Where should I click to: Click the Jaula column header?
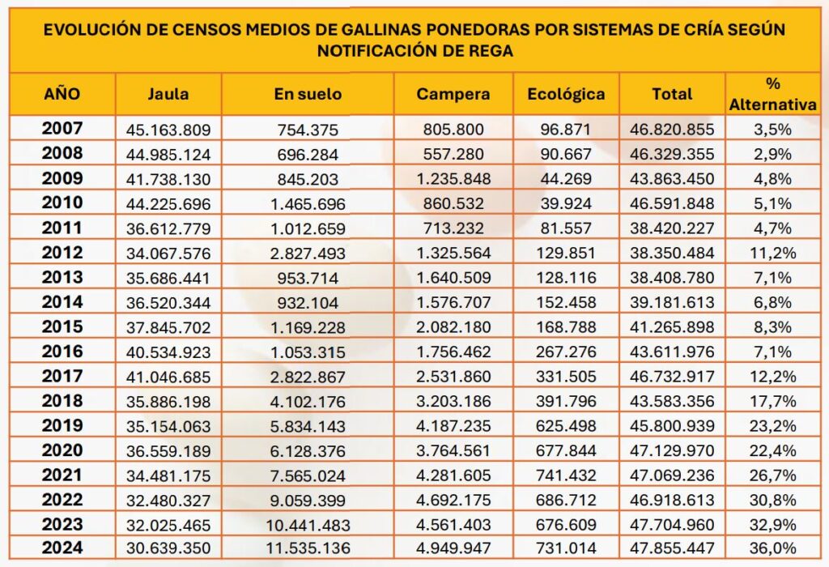(168, 94)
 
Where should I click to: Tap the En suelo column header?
(308, 94)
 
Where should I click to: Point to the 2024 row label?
(62, 548)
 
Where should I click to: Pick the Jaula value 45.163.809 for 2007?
(168, 129)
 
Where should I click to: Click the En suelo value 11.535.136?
(308, 548)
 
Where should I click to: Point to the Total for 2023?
(671, 525)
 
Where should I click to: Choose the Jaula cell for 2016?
(168, 352)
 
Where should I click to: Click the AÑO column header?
(62, 94)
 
